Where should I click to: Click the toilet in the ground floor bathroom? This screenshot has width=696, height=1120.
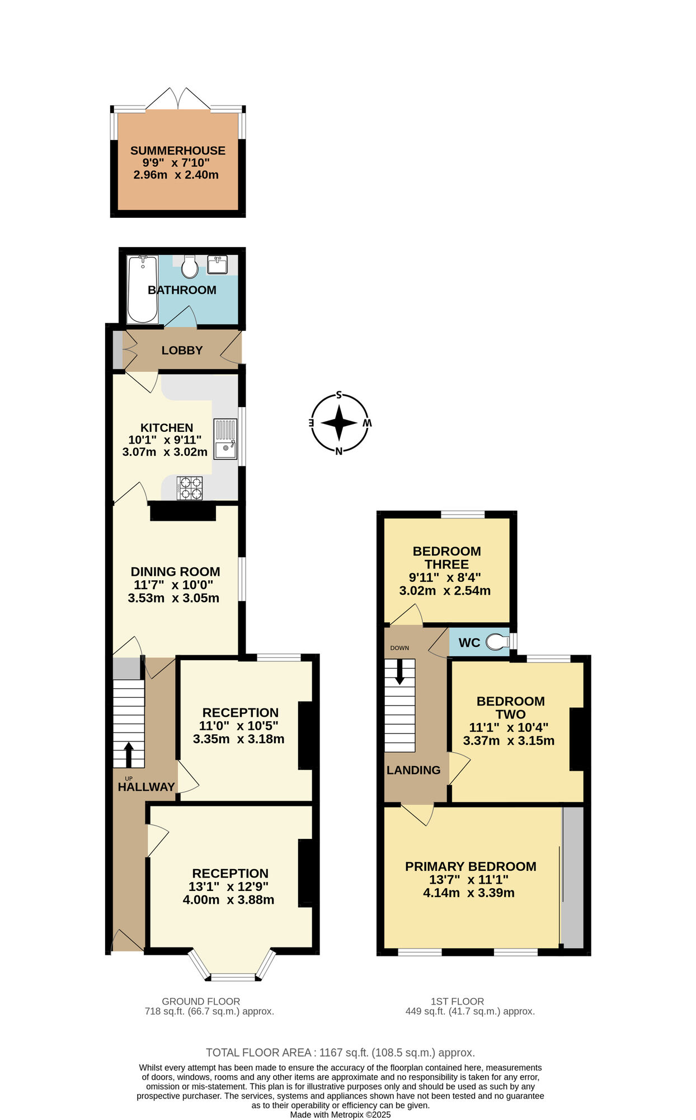tap(190, 267)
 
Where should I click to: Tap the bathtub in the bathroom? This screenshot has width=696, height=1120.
tap(142, 289)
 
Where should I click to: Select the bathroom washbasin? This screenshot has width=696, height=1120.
tap(217, 265)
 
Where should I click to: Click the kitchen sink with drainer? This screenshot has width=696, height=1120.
tap(225, 439)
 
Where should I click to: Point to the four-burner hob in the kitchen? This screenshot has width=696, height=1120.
tap(190, 488)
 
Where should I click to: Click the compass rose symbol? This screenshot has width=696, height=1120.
tap(339, 423)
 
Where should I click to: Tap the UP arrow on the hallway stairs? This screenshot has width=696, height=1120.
tap(129, 754)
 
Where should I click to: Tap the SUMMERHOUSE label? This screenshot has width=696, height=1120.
tap(177, 151)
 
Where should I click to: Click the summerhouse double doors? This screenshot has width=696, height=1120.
tap(178, 99)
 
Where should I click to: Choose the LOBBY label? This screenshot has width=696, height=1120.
tap(182, 351)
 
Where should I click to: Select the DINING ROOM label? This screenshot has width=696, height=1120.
tap(175, 572)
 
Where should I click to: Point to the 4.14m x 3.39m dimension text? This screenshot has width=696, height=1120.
tap(468, 893)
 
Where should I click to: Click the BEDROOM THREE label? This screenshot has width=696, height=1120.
tap(446, 558)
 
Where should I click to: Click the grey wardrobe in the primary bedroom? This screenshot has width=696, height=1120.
tap(572, 877)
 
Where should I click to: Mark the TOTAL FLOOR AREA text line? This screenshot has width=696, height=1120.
tap(340, 1053)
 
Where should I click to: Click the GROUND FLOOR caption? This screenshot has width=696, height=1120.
tap(201, 1001)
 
